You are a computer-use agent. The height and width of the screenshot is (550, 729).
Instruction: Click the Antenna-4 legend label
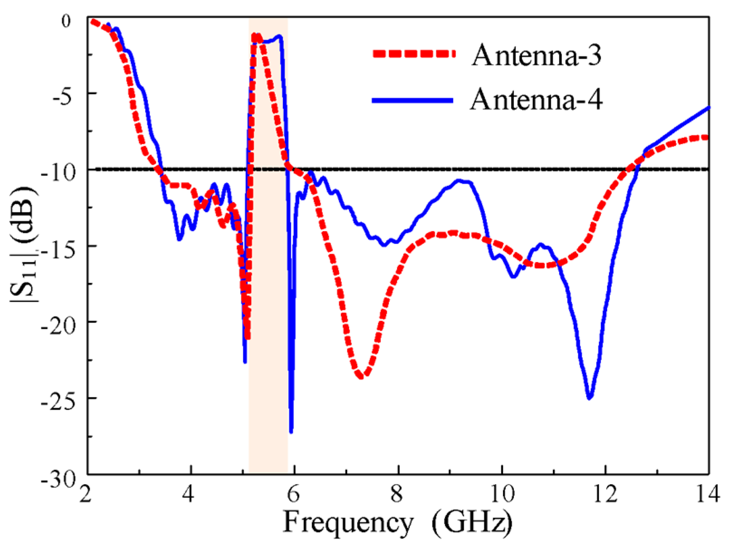(x=536, y=99)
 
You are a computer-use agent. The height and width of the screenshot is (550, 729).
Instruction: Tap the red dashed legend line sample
(x=412, y=54)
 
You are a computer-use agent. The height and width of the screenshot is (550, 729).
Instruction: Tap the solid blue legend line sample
(x=412, y=100)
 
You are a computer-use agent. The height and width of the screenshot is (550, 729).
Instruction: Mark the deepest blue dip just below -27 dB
(x=291, y=431)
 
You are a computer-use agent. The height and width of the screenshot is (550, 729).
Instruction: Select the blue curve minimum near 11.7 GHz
(x=590, y=398)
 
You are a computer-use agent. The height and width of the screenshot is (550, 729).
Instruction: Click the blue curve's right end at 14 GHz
(x=709, y=107)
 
